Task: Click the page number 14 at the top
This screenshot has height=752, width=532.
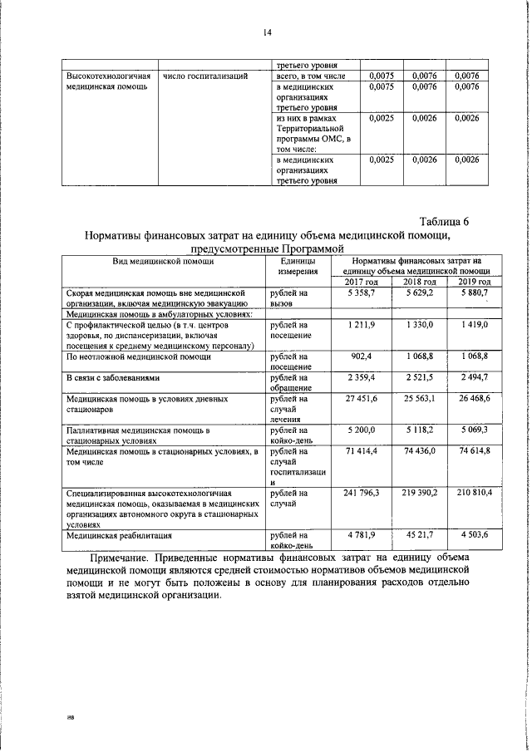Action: tap(266, 32)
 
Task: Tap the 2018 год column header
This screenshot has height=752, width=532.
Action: tap(419, 282)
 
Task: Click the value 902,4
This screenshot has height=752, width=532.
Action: tap(363, 356)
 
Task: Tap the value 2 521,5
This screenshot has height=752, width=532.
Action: tap(419, 377)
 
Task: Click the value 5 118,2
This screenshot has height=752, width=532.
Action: tap(419, 430)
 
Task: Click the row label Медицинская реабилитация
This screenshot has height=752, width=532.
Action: tap(119, 536)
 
